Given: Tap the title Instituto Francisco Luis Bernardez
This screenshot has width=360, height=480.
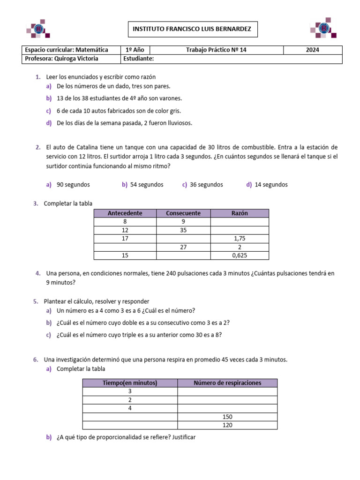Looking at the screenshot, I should (x=192, y=29).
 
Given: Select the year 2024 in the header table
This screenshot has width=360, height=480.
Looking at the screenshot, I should (x=312, y=50).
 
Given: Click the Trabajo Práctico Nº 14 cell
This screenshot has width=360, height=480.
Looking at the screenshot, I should (x=216, y=50).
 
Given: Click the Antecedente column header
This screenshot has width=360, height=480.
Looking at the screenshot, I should (x=125, y=213).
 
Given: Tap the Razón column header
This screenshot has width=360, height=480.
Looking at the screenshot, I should (x=240, y=213).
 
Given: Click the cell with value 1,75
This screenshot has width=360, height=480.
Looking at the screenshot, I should (x=240, y=239).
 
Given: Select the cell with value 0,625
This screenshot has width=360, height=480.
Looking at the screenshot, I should (x=240, y=255).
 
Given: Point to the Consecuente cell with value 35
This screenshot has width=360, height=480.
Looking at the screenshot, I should (x=183, y=230).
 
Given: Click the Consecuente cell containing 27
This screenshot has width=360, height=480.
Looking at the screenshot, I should (x=183, y=247).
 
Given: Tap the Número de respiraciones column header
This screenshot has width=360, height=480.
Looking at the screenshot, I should (x=227, y=383).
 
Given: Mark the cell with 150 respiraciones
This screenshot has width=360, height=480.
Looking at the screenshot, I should (x=227, y=417).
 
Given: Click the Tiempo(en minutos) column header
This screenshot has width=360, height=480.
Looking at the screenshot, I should (x=130, y=383).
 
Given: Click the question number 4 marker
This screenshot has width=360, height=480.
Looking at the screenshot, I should (x=37, y=273).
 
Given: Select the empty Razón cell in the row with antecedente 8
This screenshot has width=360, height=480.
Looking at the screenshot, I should (x=240, y=222).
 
